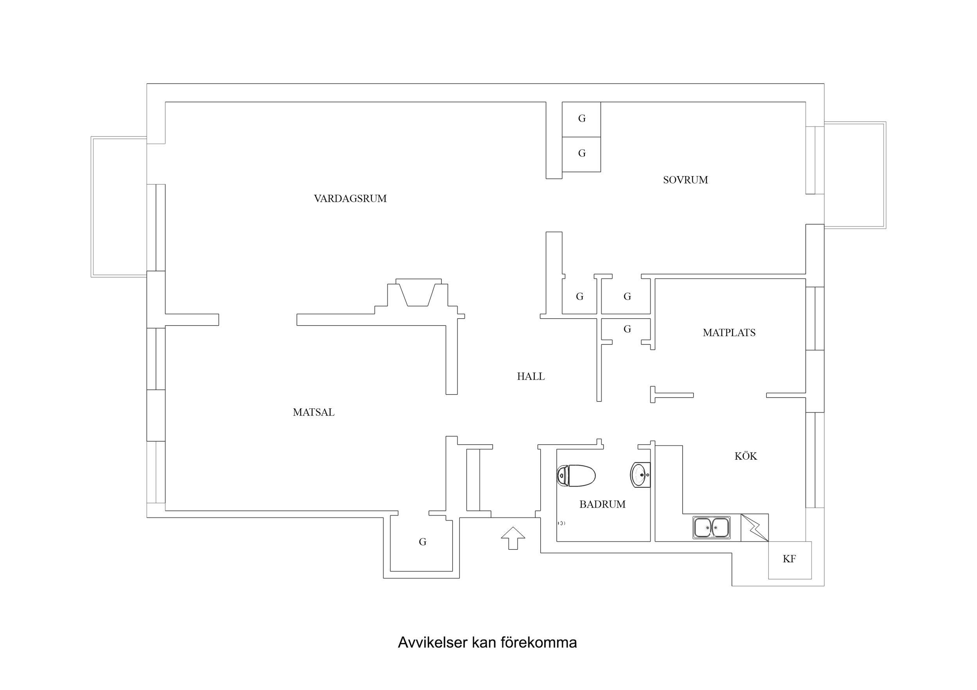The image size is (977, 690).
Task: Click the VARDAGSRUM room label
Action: coord(350,198)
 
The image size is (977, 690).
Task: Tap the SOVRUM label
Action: coord(685,180)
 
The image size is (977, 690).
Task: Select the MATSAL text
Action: coord(313,412)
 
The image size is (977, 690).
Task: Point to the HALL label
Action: coord(530,376)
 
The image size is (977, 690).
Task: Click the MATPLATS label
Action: coord(728,332)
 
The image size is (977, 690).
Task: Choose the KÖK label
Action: coord(746,456)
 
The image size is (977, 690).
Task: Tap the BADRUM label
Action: coord(602,504)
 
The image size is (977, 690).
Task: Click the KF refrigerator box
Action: coord(789,560)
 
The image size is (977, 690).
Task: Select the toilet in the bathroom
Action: coord(576,475)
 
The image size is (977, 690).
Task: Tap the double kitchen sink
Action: coord(711,528)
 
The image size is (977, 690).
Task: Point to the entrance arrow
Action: coord(513,538)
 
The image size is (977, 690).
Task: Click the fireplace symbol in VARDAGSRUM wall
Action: coord(418,293)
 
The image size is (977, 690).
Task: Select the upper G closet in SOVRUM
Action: coord(581,119)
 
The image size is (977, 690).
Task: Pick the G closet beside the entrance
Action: coord(422,542)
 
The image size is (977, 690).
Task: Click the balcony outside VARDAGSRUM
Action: coord(119,207)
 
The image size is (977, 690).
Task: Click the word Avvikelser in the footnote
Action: coord(432,642)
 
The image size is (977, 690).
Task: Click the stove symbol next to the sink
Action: coord(754,528)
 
